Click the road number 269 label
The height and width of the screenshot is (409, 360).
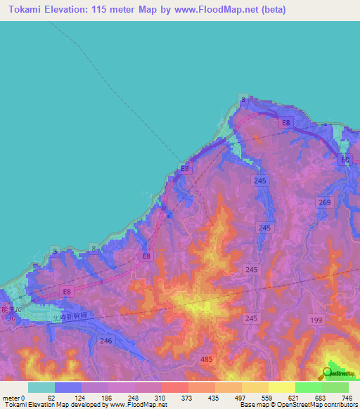(x=324, y=202)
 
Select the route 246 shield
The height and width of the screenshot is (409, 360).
(x=106, y=341)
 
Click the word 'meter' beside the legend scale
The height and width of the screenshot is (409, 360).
(x=11, y=397)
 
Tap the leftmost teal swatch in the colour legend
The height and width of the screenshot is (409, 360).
(x=41, y=387)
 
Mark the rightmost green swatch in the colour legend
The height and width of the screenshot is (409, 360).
(x=335, y=387)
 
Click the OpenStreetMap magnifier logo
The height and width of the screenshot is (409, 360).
(x=328, y=374)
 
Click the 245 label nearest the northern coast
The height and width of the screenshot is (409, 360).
(x=260, y=181)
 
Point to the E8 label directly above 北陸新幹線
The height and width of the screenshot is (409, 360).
(x=67, y=291)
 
